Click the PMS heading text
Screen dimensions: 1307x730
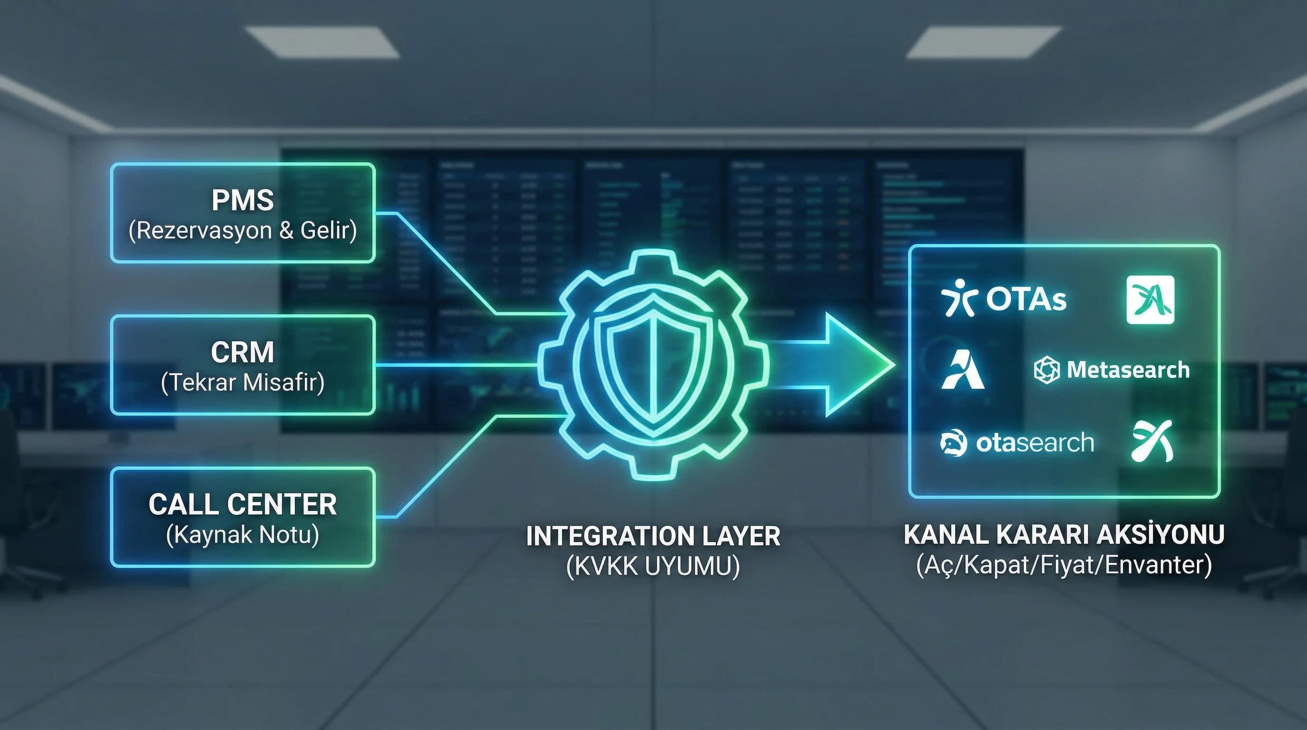(243, 200)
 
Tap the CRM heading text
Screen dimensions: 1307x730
(243, 352)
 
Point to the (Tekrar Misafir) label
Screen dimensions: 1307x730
(243, 382)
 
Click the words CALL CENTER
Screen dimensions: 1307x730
(243, 504)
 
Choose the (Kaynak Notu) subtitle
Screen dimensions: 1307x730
(243, 535)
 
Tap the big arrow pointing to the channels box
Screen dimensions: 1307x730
(832, 365)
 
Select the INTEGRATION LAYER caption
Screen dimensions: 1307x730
(653, 537)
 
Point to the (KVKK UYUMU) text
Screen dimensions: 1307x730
(653, 566)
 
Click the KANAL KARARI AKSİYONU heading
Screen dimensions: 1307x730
(1064, 535)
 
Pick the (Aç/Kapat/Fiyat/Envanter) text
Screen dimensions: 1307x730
(1064, 565)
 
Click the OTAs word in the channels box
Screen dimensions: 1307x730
(1026, 299)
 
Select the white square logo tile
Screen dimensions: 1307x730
(1150, 299)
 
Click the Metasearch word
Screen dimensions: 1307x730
(1128, 370)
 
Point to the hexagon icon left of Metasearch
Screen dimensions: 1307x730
(1047, 370)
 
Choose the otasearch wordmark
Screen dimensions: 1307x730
(1034, 442)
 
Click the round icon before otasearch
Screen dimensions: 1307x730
(953, 442)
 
